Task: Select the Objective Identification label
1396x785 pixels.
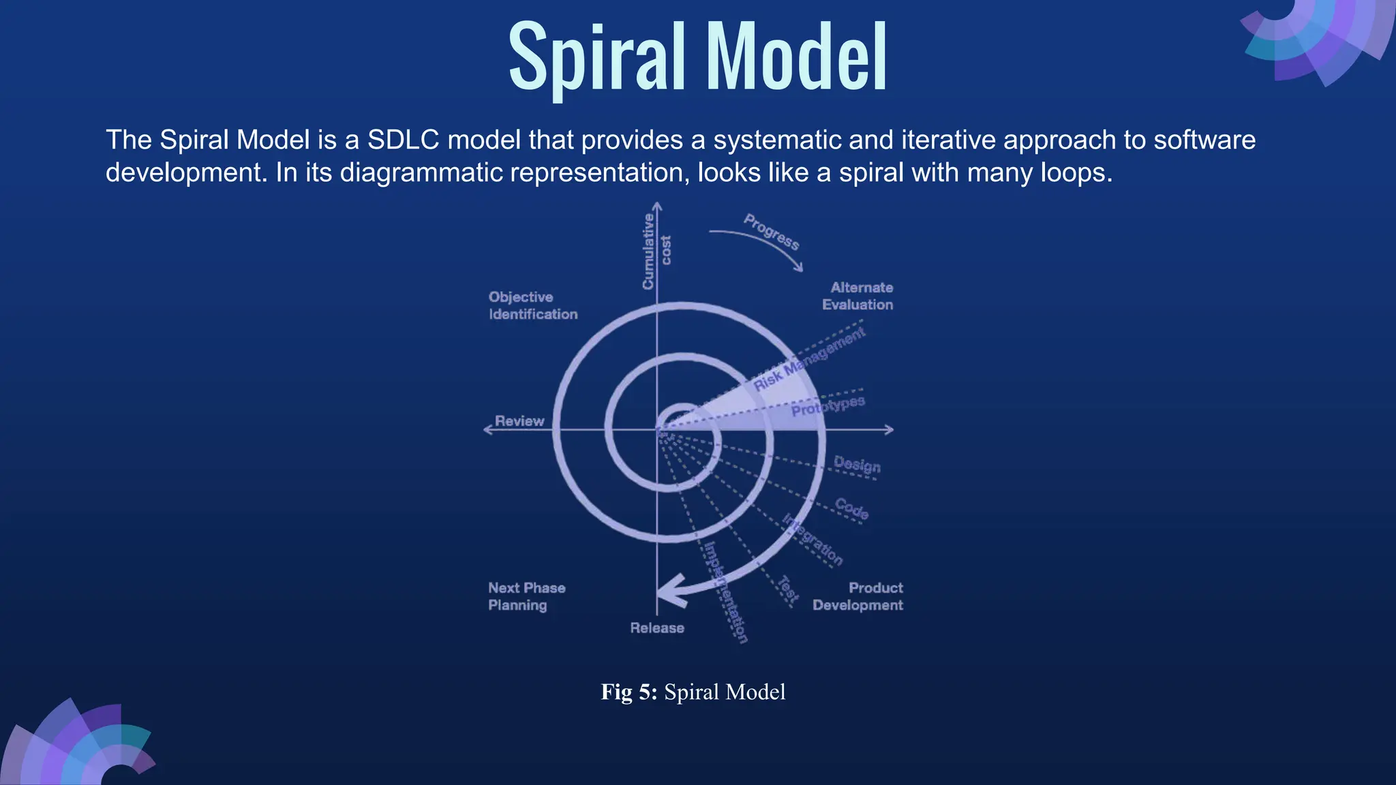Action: (x=532, y=305)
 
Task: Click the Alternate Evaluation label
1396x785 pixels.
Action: (x=858, y=296)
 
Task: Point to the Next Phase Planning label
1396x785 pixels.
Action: (x=526, y=596)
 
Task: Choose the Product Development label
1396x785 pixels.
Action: (x=858, y=596)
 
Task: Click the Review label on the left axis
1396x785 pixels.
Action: (x=519, y=421)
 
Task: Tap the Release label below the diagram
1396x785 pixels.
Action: (x=656, y=628)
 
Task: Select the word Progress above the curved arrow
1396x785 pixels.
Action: (x=771, y=232)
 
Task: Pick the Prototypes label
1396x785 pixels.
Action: (x=828, y=406)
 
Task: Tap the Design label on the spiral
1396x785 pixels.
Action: (x=857, y=465)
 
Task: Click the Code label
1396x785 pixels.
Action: (x=851, y=508)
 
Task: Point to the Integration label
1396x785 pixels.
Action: (x=813, y=540)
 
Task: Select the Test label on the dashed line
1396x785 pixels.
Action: (x=788, y=590)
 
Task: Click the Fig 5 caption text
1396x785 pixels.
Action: (x=693, y=692)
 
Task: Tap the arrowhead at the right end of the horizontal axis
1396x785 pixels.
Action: (x=889, y=429)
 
